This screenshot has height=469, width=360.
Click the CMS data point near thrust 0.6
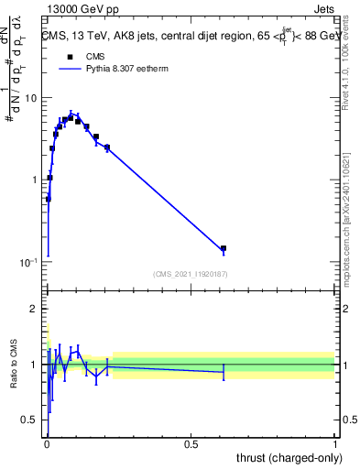pyautogui.click(x=223, y=248)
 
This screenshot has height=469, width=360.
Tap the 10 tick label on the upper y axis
pyautogui.click(x=30, y=98)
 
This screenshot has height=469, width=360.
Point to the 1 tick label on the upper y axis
pyautogui.click(x=34, y=180)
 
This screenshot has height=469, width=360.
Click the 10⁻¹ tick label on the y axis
pyautogui.click(x=27, y=263)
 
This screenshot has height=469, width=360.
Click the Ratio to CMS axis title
pyautogui.click(x=14, y=365)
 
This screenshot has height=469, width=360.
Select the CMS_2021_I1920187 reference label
pyautogui.click(x=191, y=274)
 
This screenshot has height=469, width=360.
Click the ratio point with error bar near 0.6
pyautogui.click(x=223, y=371)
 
